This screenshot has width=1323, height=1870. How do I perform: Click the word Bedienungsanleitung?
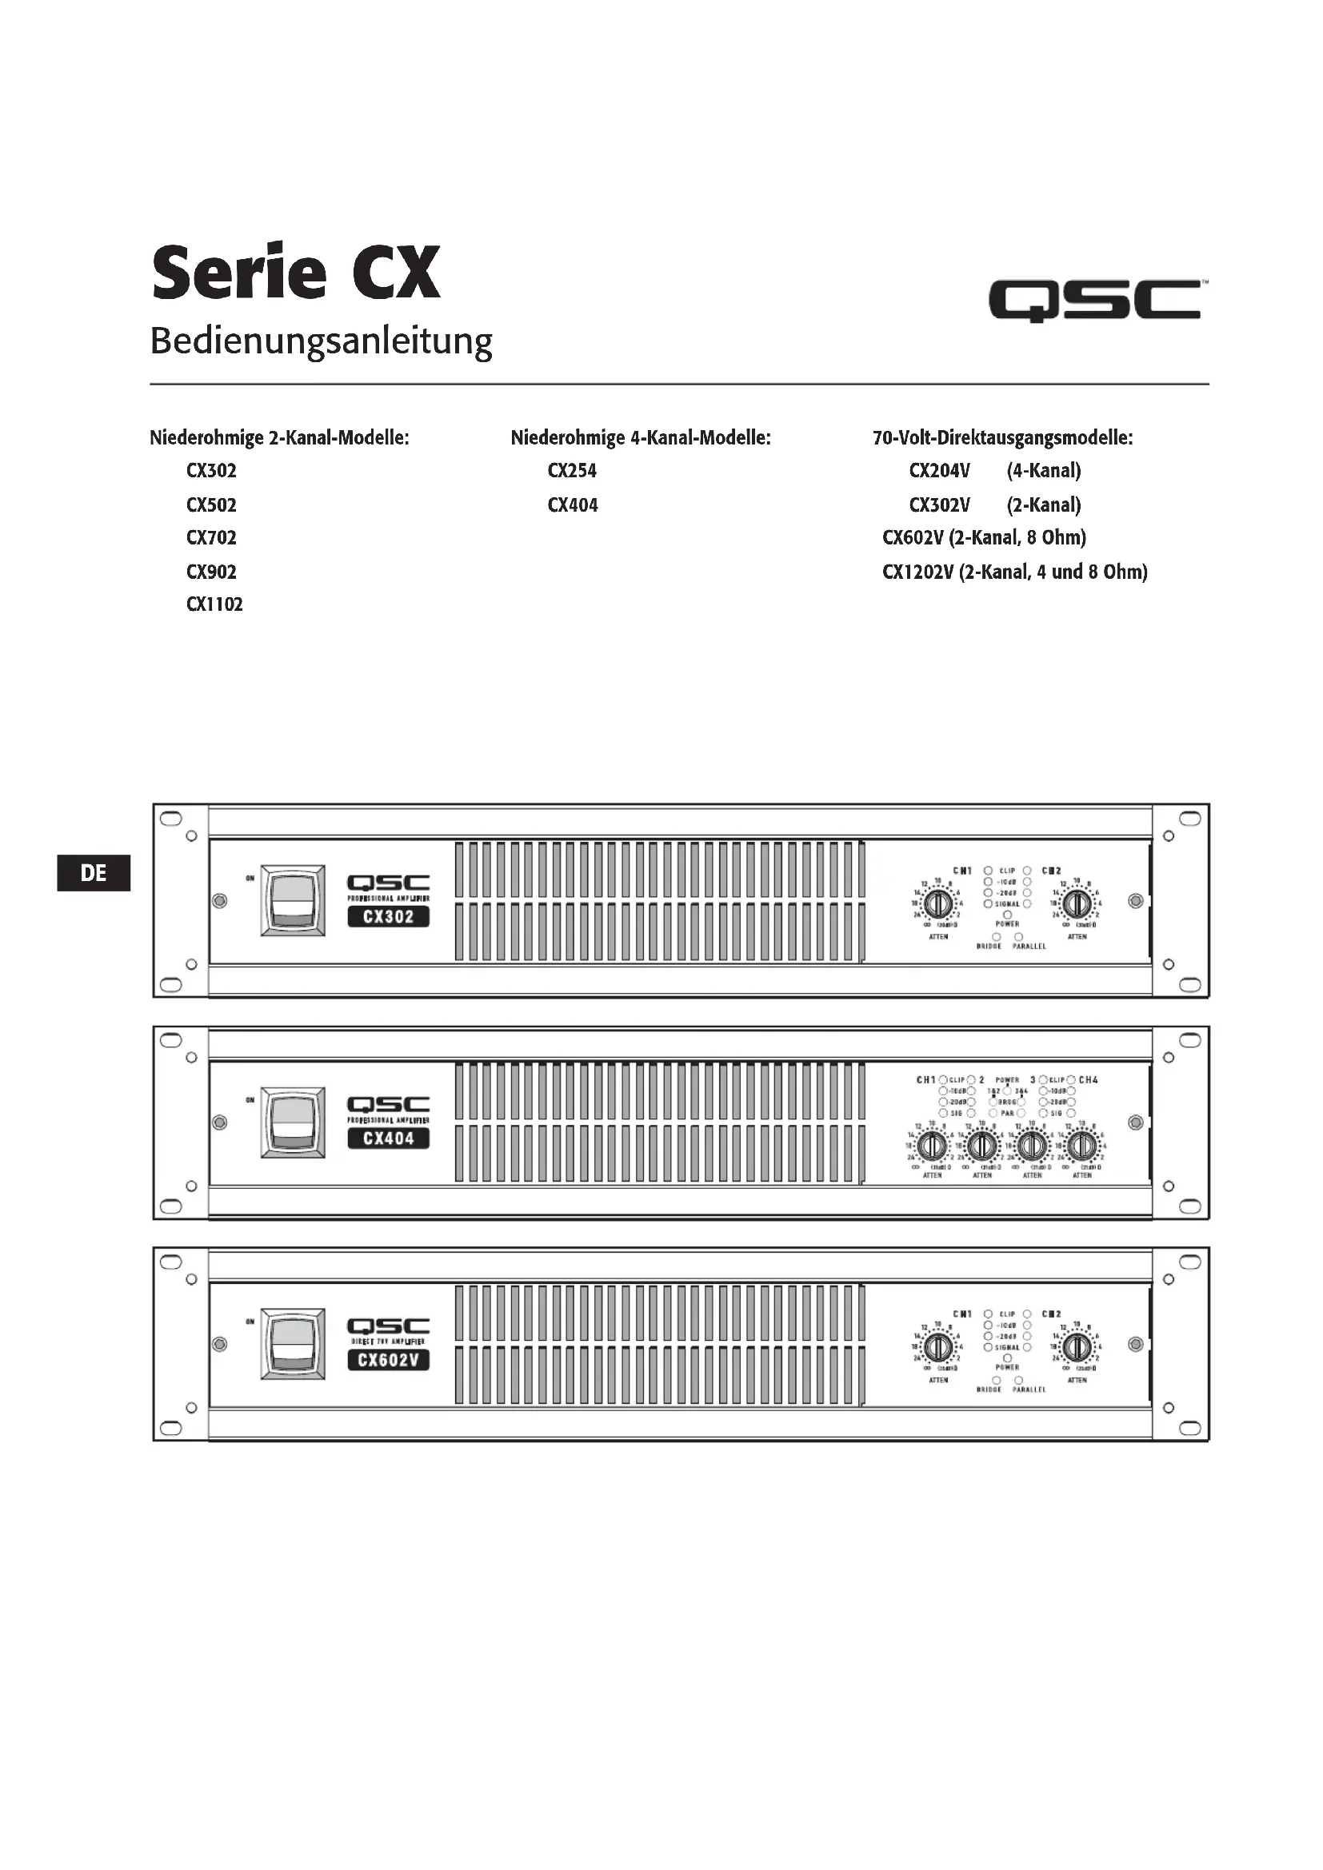pos(321,341)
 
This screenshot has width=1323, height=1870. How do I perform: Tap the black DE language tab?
pos(94,873)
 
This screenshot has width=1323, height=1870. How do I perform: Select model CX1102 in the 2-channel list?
pos(214,604)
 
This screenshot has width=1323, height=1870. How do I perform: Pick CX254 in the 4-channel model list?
pos(572,471)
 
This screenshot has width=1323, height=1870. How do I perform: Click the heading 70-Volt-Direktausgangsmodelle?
pos(1002,438)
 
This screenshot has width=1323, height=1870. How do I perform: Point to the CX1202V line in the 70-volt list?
pos(1014,572)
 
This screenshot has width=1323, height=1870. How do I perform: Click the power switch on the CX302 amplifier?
pos(293,900)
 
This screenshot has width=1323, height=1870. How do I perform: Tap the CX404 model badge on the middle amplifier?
pos(388,1138)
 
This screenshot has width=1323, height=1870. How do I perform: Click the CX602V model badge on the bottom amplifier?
pos(388,1360)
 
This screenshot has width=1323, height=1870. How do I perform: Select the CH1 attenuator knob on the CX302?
pos(938,904)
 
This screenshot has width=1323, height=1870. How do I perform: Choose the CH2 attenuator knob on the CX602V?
pos(1077,1348)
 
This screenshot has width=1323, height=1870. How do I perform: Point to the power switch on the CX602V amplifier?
pos(293,1344)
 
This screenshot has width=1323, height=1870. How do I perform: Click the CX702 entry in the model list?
pos(211,537)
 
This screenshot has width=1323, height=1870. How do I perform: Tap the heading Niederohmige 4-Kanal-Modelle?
pos(641,438)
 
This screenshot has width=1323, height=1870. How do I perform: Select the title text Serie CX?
pos(296,273)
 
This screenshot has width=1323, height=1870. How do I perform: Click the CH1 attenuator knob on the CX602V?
pos(938,1348)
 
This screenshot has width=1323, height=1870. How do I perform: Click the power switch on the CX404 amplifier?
pos(293,1122)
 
